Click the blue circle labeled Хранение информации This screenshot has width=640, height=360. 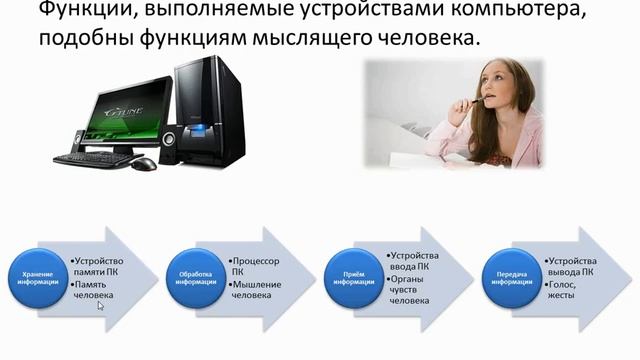pyautogui.click(x=39, y=276)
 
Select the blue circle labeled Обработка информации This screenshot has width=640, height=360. pyautogui.click(x=196, y=276)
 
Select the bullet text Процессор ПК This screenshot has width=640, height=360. pyautogui.click(x=254, y=266)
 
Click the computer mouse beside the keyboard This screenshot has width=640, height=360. pyautogui.click(x=145, y=163)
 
